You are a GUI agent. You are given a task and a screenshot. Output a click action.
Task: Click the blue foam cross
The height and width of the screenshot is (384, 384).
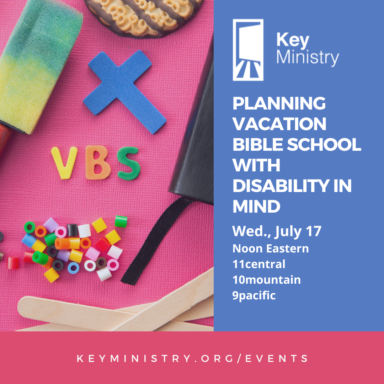click(x=123, y=89)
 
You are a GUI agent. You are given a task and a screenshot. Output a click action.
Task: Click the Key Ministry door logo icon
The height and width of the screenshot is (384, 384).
click(x=248, y=50)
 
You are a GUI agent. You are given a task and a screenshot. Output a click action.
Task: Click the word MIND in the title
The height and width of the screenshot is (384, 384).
click(x=256, y=207)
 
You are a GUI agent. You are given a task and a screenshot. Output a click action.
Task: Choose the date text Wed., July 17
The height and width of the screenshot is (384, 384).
click(x=277, y=231)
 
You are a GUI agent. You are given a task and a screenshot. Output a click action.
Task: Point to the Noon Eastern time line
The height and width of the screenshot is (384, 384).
click(x=271, y=249)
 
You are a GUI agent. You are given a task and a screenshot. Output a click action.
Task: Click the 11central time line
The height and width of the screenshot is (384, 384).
click(x=259, y=264)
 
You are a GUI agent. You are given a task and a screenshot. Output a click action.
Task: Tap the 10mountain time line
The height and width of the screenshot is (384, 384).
click(x=267, y=280)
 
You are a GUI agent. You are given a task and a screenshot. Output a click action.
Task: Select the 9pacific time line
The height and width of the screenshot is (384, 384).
click(x=254, y=295)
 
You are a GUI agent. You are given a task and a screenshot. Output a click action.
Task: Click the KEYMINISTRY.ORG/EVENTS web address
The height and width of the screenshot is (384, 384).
click(x=192, y=358)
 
